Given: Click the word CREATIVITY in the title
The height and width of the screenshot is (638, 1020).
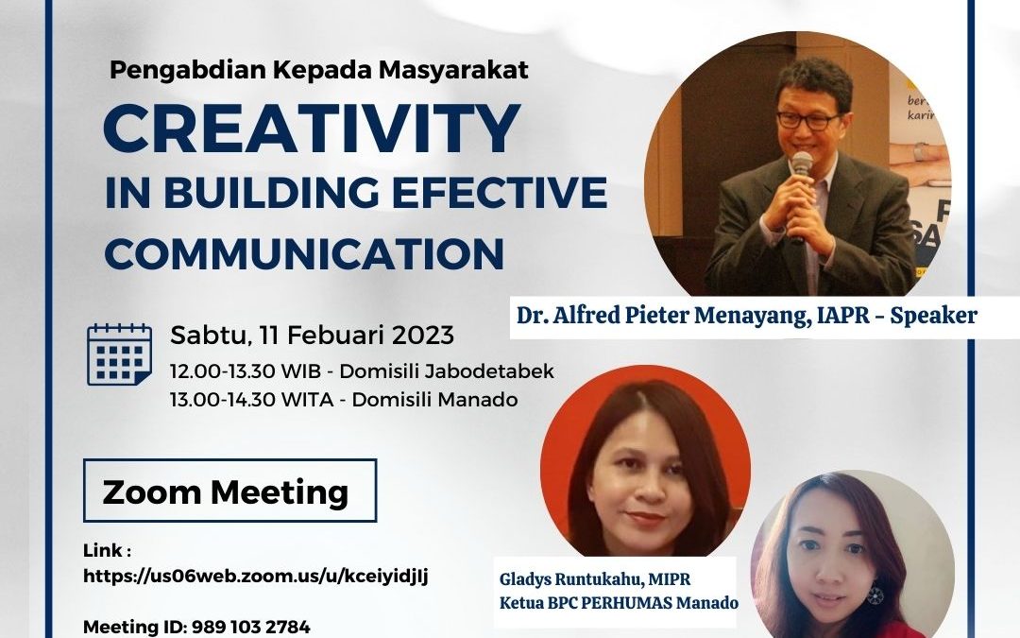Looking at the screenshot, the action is (312, 129).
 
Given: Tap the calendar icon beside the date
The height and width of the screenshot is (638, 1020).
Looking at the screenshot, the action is (120, 354).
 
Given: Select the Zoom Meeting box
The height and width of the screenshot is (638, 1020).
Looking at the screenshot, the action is (229, 491).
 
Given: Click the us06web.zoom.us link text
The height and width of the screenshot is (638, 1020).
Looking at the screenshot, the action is (256, 577).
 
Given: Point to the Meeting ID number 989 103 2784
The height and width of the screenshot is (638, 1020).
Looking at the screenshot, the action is (250, 627).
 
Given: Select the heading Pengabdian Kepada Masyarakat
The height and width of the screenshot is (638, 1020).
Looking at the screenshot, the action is (319, 70).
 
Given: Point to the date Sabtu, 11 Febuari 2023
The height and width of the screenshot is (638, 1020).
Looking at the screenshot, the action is (313, 335).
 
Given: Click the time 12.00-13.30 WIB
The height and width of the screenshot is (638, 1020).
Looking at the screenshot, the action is (246, 371).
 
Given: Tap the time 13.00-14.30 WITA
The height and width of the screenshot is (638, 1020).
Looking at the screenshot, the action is (252, 399).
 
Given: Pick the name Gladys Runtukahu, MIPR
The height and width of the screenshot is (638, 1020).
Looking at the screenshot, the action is (595, 578).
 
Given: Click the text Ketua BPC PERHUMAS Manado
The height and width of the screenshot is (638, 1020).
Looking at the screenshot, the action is (619, 603).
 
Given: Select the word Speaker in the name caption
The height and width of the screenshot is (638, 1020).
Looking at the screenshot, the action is (933, 315).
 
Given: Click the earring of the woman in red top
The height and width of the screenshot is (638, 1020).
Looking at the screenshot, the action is (875, 594).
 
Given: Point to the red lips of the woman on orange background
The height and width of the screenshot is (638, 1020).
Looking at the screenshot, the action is (645, 519).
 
